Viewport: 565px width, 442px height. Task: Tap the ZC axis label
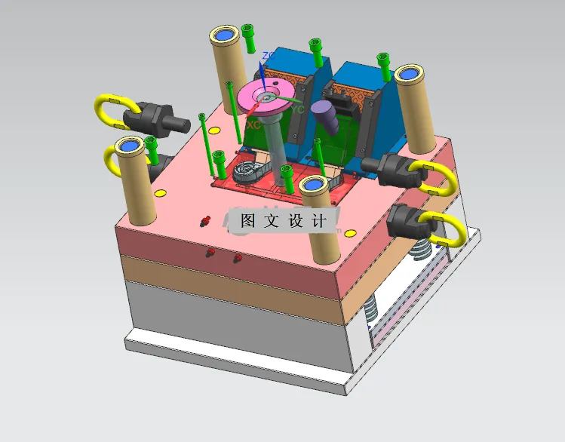(266, 56)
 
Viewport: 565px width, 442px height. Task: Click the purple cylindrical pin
(325, 114)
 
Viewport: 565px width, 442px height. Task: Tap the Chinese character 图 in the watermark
(248, 220)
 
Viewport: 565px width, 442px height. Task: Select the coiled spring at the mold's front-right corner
(370, 308)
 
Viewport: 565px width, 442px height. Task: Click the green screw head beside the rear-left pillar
(248, 31)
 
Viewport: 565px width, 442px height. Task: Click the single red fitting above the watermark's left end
(204, 221)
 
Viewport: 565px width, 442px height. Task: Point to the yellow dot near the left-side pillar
(160, 193)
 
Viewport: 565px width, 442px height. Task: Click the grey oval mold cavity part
(250, 171)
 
